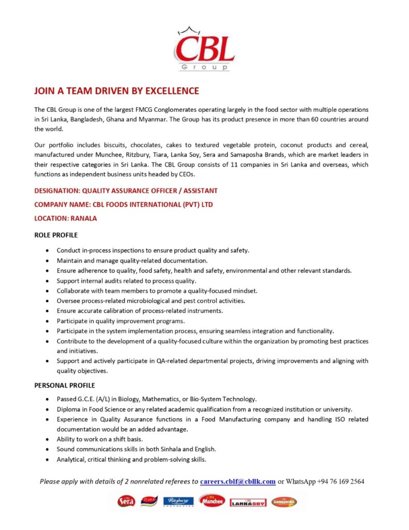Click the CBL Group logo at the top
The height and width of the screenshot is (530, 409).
(204, 49)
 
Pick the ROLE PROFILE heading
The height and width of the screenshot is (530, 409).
(56, 235)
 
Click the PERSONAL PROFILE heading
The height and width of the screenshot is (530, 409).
(65, 386)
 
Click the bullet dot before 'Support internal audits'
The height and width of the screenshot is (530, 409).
(48, 281)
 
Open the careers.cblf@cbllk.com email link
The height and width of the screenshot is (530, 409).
(237, 481)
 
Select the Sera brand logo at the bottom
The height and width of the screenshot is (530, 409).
(126, 501)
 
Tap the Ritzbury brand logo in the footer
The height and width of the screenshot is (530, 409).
(178, 501)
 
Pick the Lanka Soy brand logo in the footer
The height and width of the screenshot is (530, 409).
(248, 502)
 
